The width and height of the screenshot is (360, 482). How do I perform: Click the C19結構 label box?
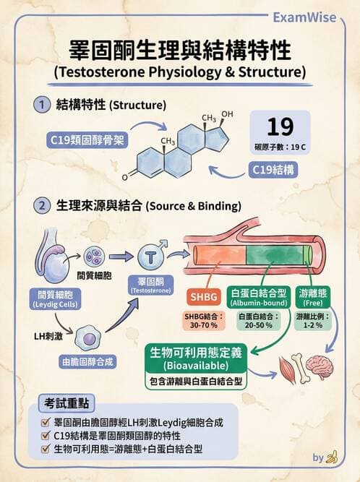point(275,171)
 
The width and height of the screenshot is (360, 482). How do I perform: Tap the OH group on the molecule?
point(228,114)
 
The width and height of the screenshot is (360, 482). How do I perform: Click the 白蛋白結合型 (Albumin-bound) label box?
point(258,297)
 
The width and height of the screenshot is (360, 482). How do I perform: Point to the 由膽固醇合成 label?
point(89,361)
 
